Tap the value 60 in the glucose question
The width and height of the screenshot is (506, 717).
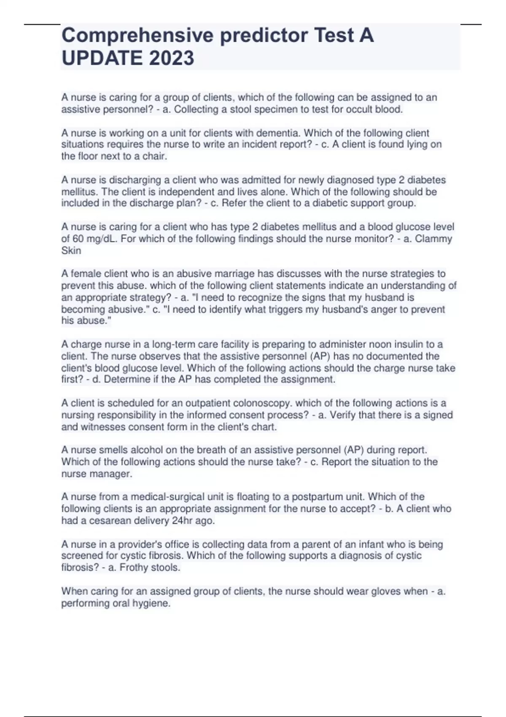[78, 239]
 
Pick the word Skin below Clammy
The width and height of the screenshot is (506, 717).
[71, 251]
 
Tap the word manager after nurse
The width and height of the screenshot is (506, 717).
[114, 474]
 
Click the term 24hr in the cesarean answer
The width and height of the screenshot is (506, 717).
[182, 520]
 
